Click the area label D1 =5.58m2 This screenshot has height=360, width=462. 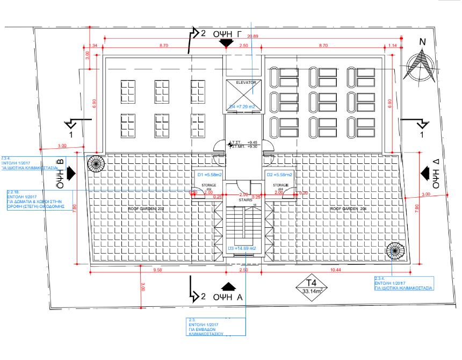click(207, 175)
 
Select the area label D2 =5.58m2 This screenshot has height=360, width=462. click(280, 175)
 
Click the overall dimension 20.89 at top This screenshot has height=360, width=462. click(252, 36)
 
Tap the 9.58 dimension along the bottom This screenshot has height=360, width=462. click(157, 270)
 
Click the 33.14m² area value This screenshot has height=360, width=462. click(312, 292)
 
